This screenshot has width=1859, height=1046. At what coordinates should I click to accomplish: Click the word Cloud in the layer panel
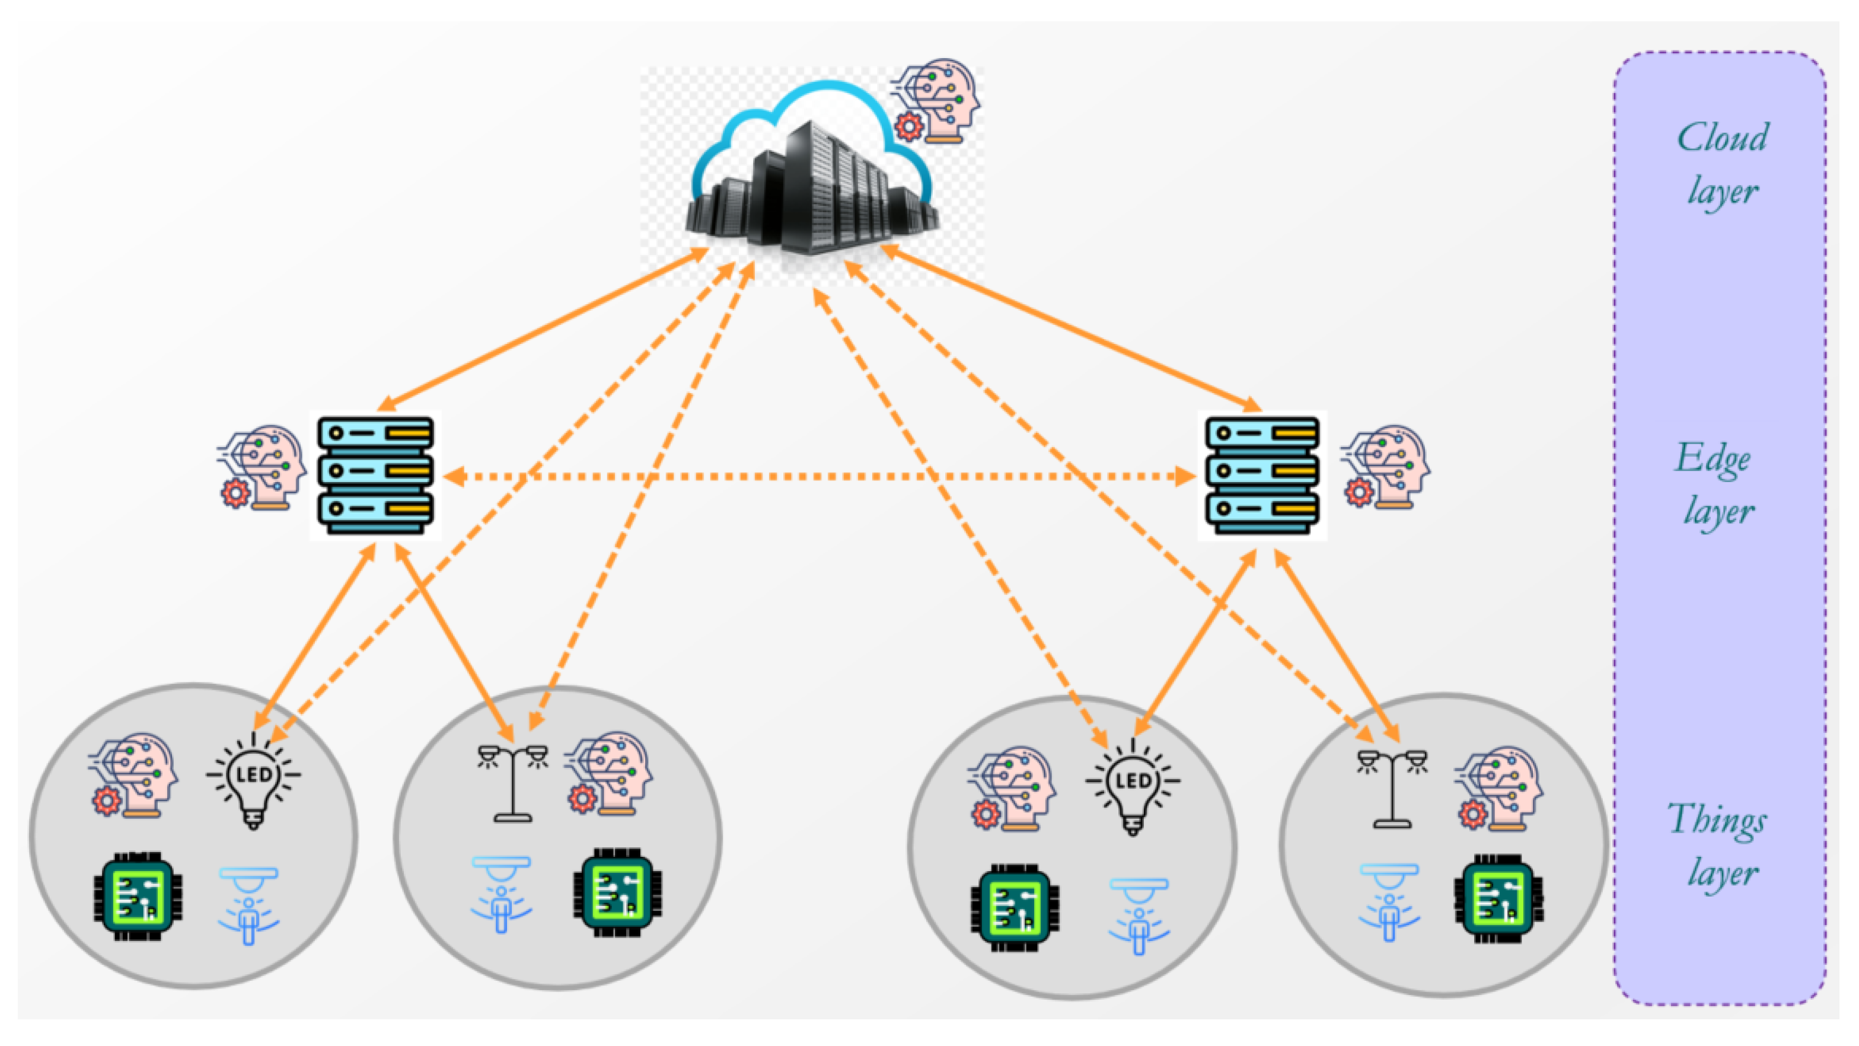(x=1722, y=137)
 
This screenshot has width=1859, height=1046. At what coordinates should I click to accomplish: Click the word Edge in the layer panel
(x=1713, y=458)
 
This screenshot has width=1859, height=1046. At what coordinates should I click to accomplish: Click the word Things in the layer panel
(x=1717, y=821)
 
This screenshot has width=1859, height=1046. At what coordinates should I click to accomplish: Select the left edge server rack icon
(x=375, y=475)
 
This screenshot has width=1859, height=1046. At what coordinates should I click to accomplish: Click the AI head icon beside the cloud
(x=938, y=101)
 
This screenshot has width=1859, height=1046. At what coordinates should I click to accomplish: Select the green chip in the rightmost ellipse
(x=1498, y=899)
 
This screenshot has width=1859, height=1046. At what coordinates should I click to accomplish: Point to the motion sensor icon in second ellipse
(x=502, y=895)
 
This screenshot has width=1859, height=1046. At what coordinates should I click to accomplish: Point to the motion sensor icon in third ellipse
(x=1139, y=916)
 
